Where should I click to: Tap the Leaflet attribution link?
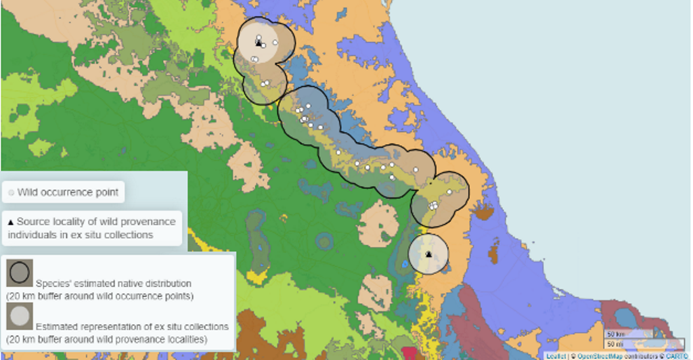pyautogui.click(x=556, y=356)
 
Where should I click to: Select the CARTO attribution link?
pyautogui.click(x=677, y=356)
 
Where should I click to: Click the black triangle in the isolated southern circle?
pyautogui.click(x=428, y=254)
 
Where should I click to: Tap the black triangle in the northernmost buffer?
pyautogui.click(x=258, y=43)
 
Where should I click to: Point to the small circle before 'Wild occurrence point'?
pyautogui.click(x=11, y=193)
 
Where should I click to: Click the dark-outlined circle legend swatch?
pyautogui.click(x=19, y=273)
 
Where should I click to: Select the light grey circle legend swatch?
pyautogui.click(x=19, y=315)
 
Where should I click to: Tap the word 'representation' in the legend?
pyautogui.click(x=114, y=326)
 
